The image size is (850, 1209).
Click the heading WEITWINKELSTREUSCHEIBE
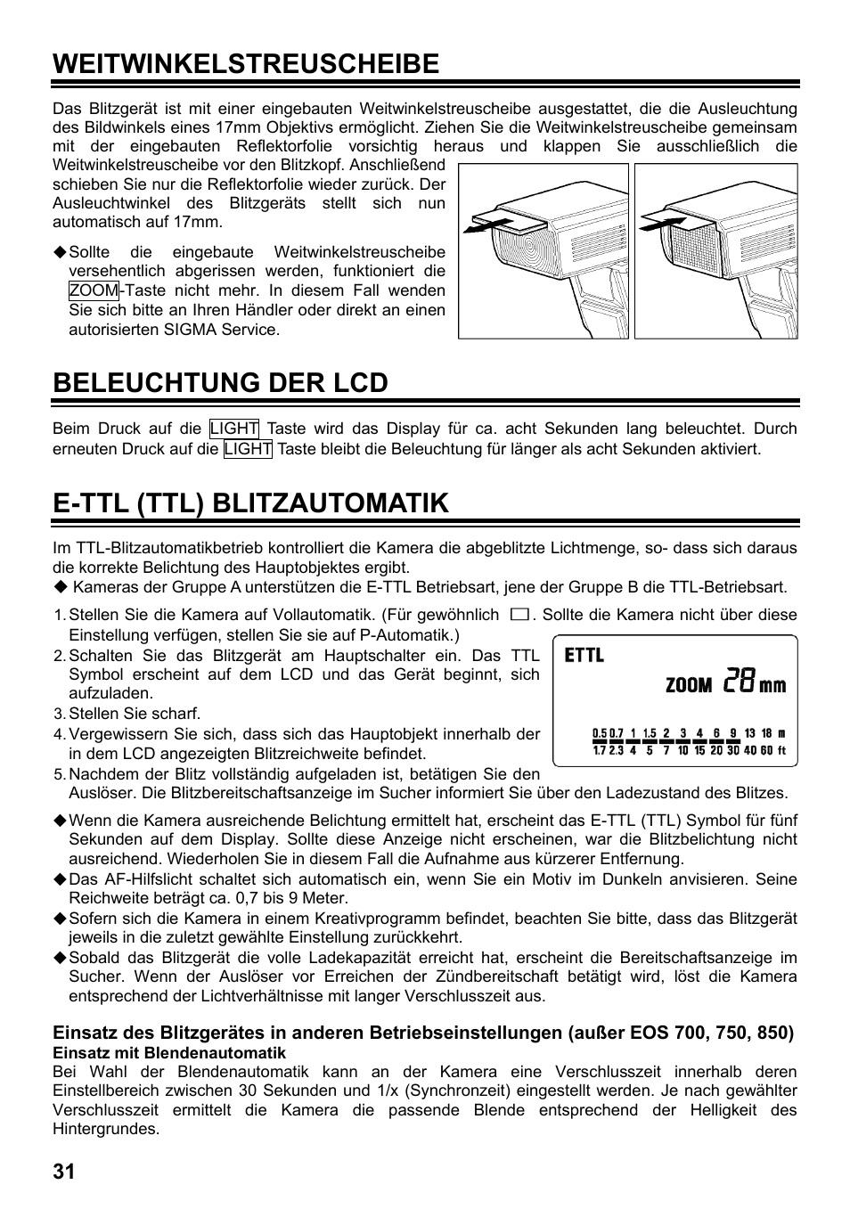point(246,63)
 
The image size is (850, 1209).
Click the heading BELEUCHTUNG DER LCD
point(220,382)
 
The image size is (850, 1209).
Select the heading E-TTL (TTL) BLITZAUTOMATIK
point(250,502)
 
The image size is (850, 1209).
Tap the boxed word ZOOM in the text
point(94,290)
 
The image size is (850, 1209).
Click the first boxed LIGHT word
point(234,429)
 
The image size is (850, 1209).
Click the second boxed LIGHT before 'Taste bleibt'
point(248,449)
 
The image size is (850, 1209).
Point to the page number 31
point(64,1171)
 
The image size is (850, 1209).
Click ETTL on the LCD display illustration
point(584,656)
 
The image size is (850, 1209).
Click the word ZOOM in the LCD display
point(689,685)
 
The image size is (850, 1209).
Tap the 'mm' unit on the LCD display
point(772,685)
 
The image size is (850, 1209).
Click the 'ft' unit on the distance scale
point(781,750)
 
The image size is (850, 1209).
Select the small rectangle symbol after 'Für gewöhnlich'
point(519,615)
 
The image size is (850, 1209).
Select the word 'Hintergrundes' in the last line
point(105,1129)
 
